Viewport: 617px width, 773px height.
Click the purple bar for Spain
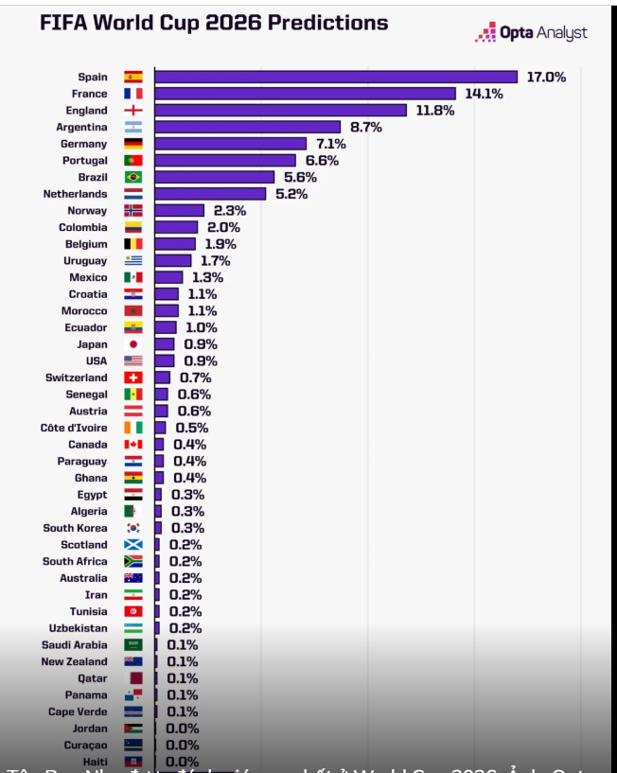[336, 77]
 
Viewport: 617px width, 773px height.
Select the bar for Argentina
[247, 127]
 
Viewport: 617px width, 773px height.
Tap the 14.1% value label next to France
[484, 94]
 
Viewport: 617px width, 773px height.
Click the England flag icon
[133, 111]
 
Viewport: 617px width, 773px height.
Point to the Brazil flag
[133, 177]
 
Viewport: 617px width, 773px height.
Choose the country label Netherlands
[75, 194]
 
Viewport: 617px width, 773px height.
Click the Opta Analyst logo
[532, 33]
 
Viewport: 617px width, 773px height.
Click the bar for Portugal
[225, 161]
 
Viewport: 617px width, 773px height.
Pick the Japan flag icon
[133, 344]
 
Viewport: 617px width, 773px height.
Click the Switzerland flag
[133, 378]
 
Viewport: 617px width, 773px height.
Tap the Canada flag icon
[133, 445]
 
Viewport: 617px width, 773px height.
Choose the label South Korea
[75, 528]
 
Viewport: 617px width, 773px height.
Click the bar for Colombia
[176, 227]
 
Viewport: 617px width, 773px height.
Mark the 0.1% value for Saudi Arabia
[183, 645]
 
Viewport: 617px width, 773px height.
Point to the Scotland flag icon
[133, 545]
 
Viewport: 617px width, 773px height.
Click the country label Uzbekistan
[78, 628]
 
